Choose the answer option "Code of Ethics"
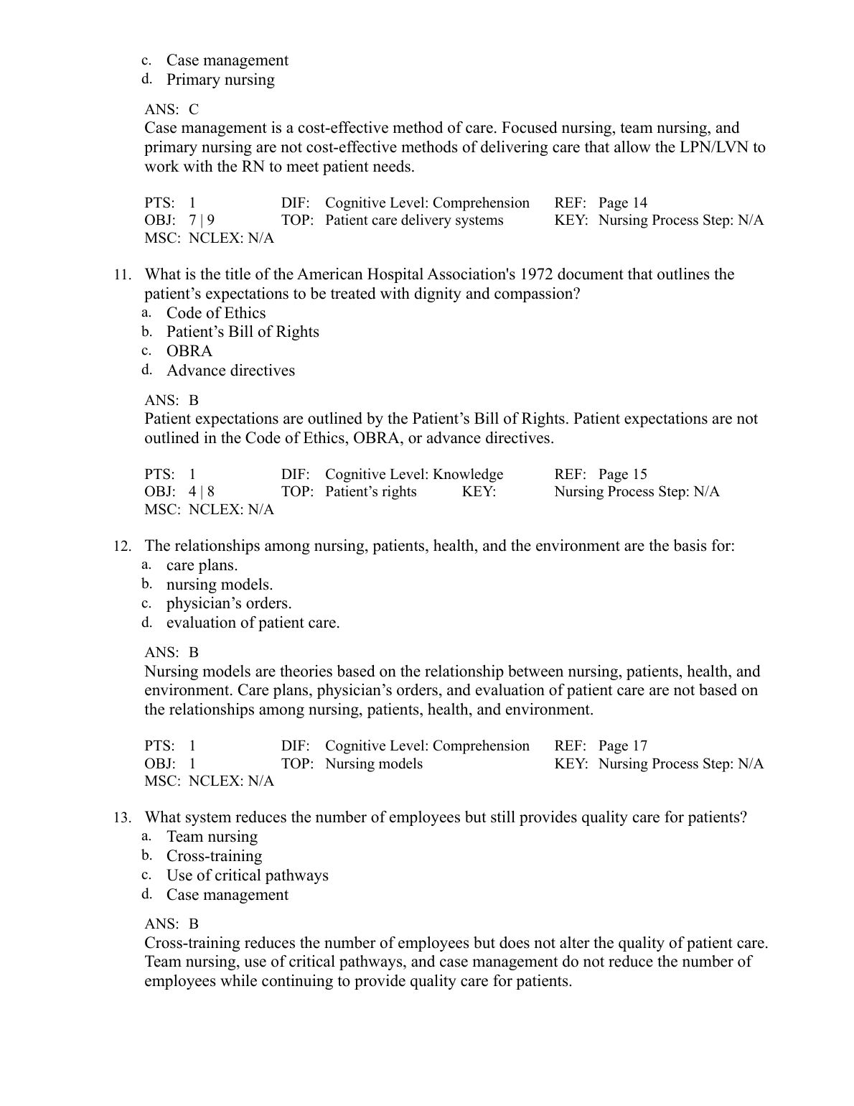pyautogui.click(x=216, y=313)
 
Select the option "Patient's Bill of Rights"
pyautogui.click(x=243, y=332)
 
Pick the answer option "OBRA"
pyautogui.click(x=189, y=351)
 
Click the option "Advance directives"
pyautogui.click(x=230, y=371)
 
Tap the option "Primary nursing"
pyautogui.click(x=220, y=80)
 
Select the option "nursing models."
pyautogui.click(x=220, y=585)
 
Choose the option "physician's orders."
pyautogui.click(x=229, y=603)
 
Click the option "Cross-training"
pyautogui.click(x=214, y=856)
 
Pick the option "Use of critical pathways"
pyautogui.click(x=247, y=875)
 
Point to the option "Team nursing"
pyautogui.click(x=212, y=837)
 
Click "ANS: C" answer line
pyautogui.click(x=172, y=110)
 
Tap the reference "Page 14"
pyautogui.click(x=622, y=203)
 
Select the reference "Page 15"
pyautogui.click(x=622, y=475)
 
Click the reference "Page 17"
pyautogui.click(x=622, y=746)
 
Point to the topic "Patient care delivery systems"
pyautogui.click(x=414, y=220)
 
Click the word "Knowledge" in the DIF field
pyautogui.click(x=468, y=475)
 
